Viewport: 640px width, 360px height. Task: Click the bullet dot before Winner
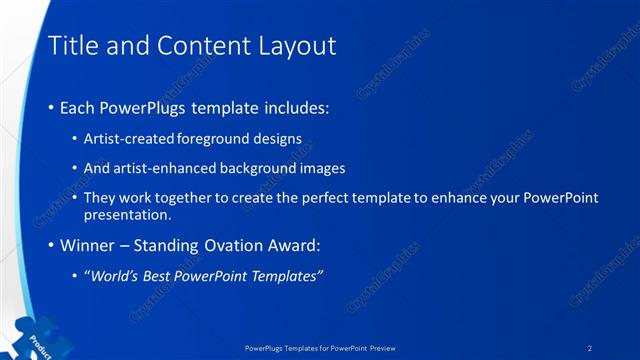click(51, 245)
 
